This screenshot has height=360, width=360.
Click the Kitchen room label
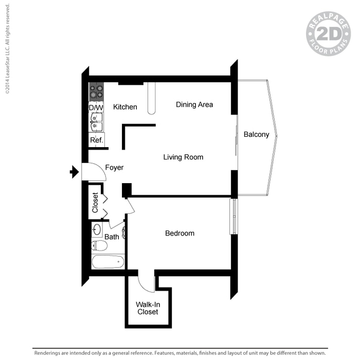coord(125,107)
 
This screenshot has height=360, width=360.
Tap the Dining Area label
coord(194,104)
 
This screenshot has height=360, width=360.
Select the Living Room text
coord(183,157)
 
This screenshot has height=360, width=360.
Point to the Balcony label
coord(256,135)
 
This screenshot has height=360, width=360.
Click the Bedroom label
coord(179,233)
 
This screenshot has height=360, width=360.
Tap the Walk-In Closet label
coord(147,308)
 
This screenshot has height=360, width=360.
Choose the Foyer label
coord(114,168)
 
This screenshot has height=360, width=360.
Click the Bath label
coord(112,237)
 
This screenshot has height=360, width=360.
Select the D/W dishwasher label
coord(96,107)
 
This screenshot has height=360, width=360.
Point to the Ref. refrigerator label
coord(96,140)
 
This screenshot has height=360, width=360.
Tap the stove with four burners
coord(96,92)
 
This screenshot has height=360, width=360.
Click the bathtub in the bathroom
coord(108,262)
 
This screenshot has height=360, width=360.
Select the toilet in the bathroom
coord(99,246)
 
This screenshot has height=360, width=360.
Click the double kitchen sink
coord(96,122)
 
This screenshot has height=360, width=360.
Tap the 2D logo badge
coord(328,34)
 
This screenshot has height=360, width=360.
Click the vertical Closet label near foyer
coord(95,203)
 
